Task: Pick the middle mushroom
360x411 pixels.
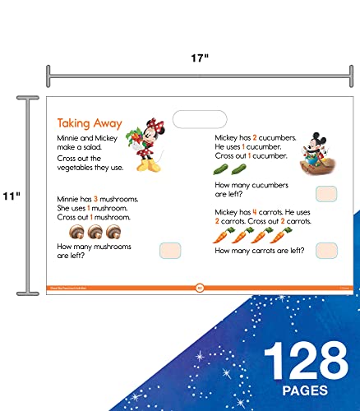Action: coord(93,232)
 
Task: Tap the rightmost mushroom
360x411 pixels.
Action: coord(113,232)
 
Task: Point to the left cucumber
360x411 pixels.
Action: coord(221,170)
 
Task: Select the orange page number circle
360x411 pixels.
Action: coord(199,287)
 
